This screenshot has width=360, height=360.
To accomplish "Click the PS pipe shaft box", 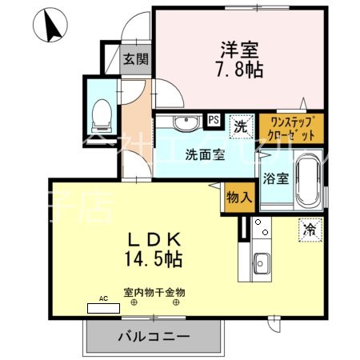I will (214, 120).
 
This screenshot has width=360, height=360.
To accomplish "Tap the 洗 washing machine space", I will (239, 125).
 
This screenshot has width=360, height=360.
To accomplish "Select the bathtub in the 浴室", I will (308, 177).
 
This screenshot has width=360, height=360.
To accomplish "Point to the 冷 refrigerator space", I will (310, 229).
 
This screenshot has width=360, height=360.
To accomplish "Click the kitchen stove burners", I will (261, 230).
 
